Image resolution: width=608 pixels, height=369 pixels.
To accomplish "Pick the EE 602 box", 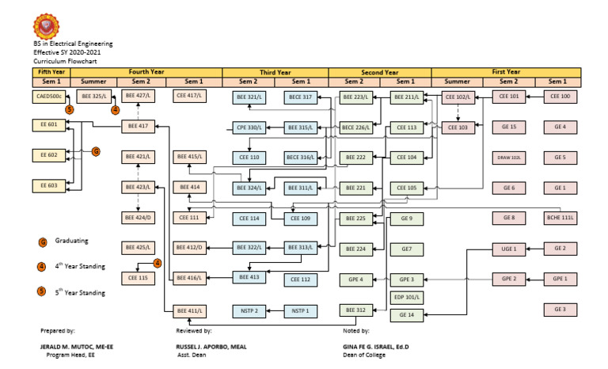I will pos(47,155).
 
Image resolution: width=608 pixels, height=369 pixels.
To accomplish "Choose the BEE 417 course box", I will pos(139,126).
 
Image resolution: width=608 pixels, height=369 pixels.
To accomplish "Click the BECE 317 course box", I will pos(300,97).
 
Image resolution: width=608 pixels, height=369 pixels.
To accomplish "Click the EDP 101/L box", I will pos(407,298).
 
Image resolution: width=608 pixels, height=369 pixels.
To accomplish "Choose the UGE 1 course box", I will pos(508,249).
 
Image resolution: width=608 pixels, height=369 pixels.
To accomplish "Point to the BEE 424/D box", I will pos(139,218).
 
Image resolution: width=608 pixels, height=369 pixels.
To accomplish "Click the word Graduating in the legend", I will pos(71,241).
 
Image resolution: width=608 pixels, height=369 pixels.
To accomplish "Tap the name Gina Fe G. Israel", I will pos(375,347).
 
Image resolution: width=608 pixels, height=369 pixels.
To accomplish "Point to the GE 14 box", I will pos(407,315).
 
